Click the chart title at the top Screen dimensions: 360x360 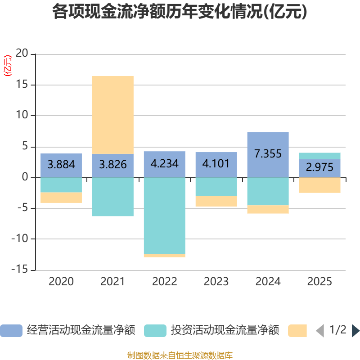[x=180, y=12]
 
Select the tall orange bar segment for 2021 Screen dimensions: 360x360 [x=112, y=115]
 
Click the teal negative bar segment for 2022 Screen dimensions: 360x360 [x=164, y=216]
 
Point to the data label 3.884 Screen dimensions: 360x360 [x=61, y=164]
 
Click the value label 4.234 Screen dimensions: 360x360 [x=164, y=163]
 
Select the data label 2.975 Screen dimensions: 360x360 [x=319, y=167]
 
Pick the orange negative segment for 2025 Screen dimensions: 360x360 [x=319, y=185]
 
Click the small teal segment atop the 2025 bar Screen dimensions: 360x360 [x=319, y=156]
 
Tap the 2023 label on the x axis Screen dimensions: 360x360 [x=216, y=282]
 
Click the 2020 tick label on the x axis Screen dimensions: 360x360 [x=61, y=282]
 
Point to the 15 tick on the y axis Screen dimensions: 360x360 [x=22, y=85]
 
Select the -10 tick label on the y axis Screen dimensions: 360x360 [x=20, y=239]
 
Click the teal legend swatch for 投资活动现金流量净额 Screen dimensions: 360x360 [x=155, y=331]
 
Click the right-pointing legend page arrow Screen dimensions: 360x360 [x=355, y=331]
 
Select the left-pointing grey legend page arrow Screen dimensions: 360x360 [x=320, y=331]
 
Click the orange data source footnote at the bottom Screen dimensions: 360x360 [x=180, y=355]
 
